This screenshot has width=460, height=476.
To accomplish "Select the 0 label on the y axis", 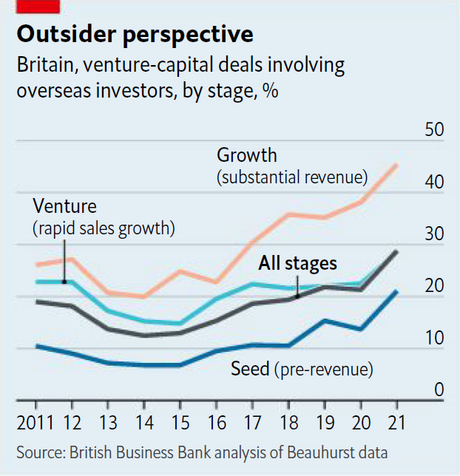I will click(439, 390).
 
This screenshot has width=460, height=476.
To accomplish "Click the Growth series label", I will click(246, 155).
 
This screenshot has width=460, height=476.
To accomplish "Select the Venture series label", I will click(64, 206).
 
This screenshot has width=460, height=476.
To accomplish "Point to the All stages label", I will click(297, 263).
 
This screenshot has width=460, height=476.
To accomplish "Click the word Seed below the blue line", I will click(250, 369).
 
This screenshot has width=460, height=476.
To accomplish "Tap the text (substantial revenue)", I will click(292, 177).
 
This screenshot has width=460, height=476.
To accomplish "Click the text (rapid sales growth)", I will click(103, 228).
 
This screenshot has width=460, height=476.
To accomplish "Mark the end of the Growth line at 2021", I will click(398, 165).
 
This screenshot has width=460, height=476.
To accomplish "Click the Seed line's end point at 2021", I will click(398, 292).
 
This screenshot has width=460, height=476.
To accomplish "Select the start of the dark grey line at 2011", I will click(36, 302).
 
